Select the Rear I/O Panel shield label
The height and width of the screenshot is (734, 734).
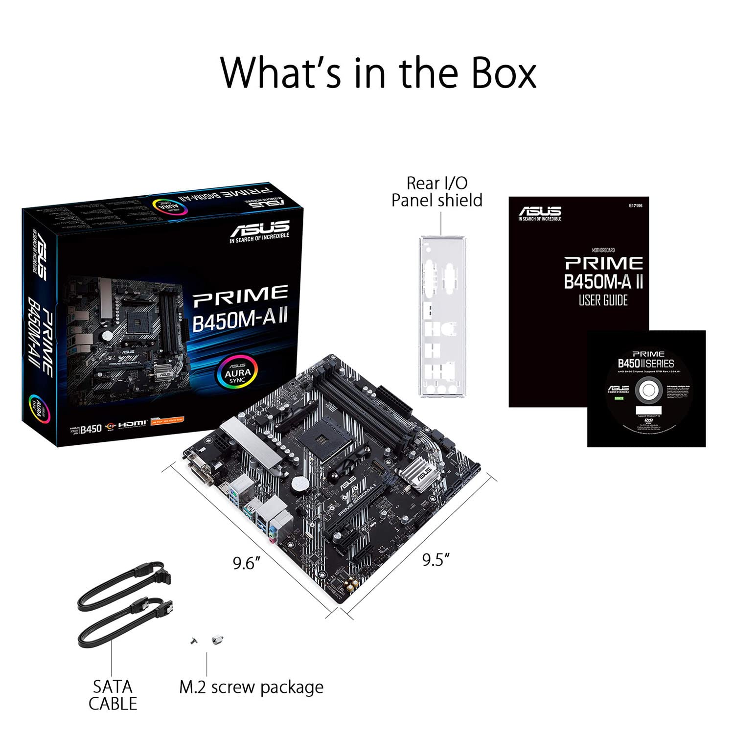[x=437, y=192]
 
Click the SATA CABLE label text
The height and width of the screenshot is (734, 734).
[x=113, y=695]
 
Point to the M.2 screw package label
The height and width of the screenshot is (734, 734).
[x=251, y=687]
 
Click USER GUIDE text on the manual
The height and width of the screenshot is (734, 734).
[x=603, y=300]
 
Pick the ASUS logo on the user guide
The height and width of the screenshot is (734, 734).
[x=540, y=211]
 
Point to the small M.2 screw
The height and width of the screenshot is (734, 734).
[x=194, y=641]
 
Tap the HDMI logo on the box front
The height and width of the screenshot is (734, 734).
[x=132, y=423]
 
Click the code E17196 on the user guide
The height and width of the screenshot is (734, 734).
[x=635, y=206]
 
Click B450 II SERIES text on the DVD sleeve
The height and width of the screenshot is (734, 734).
[x=646, y=364]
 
